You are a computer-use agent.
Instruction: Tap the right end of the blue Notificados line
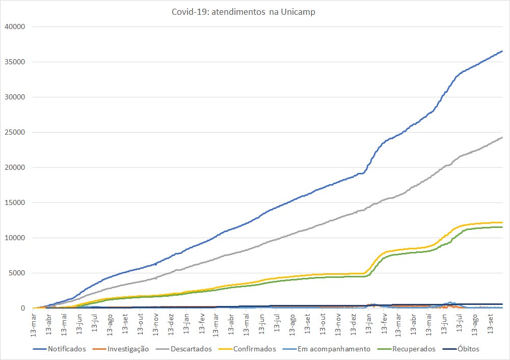coord(502,51)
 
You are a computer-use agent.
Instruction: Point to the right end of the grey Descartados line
coord(502,137)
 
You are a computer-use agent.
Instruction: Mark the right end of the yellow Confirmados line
coord(502,222)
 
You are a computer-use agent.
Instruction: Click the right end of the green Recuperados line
coord(502,227)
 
